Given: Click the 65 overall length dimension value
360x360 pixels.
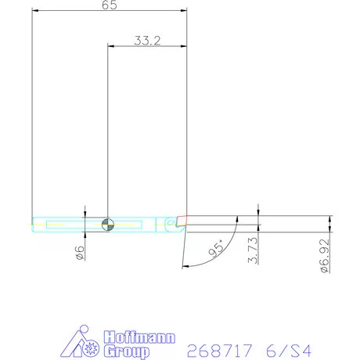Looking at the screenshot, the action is click(x=110, y=5).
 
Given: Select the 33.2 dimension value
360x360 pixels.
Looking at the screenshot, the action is click(x=147, y=41).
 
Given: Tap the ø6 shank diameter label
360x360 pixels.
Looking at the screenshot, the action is click(x=80, y=253).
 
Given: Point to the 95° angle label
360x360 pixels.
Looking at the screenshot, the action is click(x=217, y=248).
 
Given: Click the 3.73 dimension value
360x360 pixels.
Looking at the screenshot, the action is click(x=253, y=250).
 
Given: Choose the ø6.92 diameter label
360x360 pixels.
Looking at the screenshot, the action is click(x=325, y=256).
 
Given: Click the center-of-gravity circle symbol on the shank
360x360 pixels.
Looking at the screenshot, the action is click(x=108, y=225).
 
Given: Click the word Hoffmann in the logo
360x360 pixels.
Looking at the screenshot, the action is click(x=139, y=337).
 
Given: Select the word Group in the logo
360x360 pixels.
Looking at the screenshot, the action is click(x=127, y=351).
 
